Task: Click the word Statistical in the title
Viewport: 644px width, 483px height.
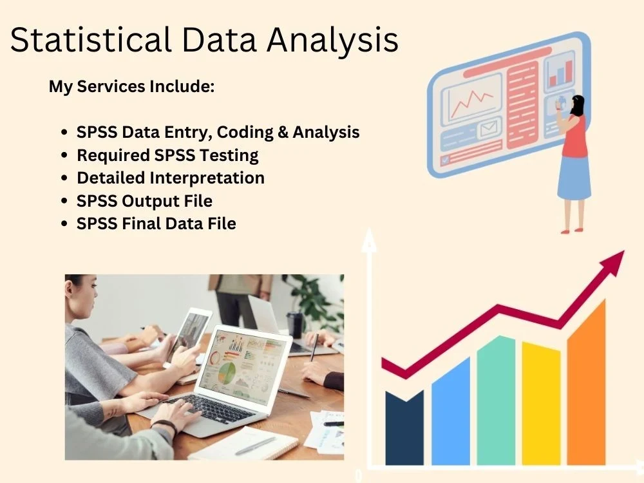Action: pyautogui.click(x=90, y=40)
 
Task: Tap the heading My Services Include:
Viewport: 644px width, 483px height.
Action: pyautogui.click(x=131, y=86)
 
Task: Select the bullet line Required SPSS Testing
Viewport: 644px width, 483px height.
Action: pyautogui.click(x=167, y=155)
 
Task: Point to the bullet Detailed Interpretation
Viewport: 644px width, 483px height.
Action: pyautogui.click(x=171, y=178)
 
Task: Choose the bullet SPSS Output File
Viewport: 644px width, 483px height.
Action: pyautogui.click(x=144, y=201)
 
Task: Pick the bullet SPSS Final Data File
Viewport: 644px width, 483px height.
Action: pyautogui.click(x=156, y=224)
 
